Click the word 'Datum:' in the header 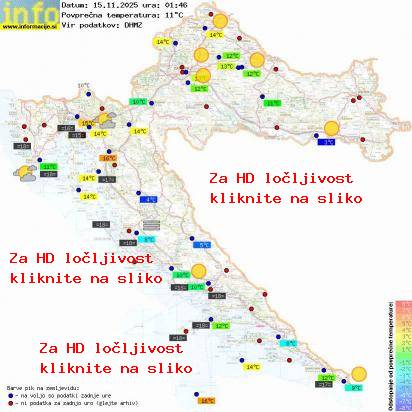76,5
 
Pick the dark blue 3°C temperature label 328,142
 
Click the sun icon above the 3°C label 330,128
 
